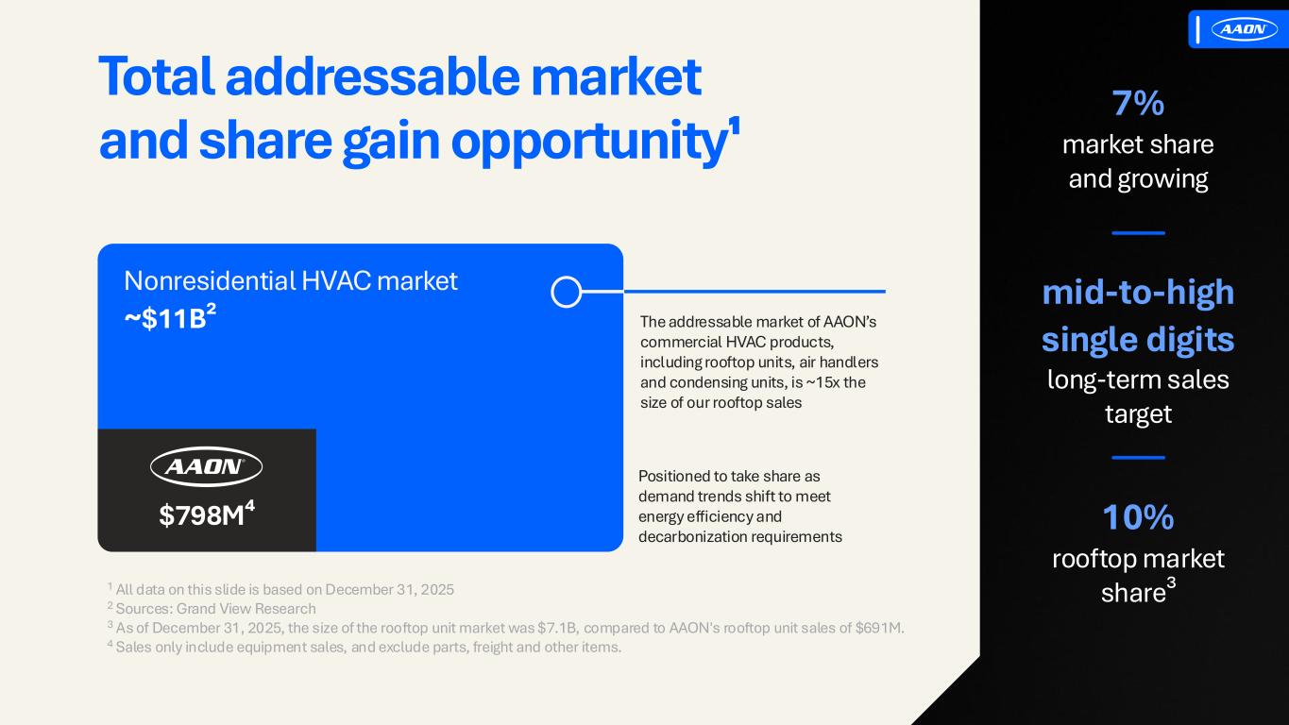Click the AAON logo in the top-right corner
tap(1244, 28)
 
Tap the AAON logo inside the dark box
tap(206, 466)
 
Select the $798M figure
tap(207, 514)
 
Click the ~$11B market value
tap(170, 317)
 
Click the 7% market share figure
tap(1138, 104)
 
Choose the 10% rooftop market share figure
tap(1138, 516)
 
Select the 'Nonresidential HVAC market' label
tap(291, 280)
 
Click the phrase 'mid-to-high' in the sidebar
tap(1138, 293)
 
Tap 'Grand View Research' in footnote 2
tap(246, 608)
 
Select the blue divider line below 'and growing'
tap(1138, 233)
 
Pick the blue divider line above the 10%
tap(1138, 458)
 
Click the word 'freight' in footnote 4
tap(492, 647)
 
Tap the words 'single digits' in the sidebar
tap(1138, 340)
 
